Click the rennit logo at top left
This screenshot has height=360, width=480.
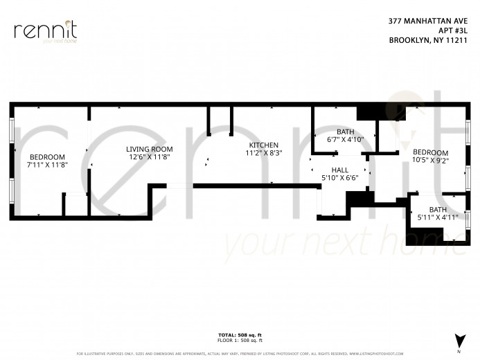pyautogui.click(x=45, y=32)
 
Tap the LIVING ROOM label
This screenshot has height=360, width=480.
pyautogui.click(x=149, y=149)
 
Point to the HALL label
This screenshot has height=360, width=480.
pyautogui.click(x=339, y=170)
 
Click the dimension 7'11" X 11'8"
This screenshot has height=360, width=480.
pyautogui.click(x=47, y=165)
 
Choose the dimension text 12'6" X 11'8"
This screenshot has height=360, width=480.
pyautogui.click(x=149, y=157)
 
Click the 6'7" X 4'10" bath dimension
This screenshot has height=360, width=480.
pyautogui.click(x=345, y=139)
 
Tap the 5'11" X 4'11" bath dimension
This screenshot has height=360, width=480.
pyautogui.click(x=438, y=217)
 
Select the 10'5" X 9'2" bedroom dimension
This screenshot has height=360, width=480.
pyautogui.click(x=430, y=161)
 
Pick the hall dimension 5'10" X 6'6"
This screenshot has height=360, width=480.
pyautogui.click(x=339, y=178)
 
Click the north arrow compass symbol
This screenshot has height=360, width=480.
pyautogui.click(x=458, y=340)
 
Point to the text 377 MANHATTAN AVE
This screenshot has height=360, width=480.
pyautogui.click(x=423, y=21)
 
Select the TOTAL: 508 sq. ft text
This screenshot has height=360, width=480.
pyautogui.click(x=240, y=335)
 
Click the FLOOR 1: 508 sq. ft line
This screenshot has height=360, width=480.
pyautogui.click(x=240, y=340)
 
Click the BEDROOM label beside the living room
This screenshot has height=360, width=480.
pyautogui.click(x=47, y=156)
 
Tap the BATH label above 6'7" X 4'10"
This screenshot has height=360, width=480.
pyautogui.click(x=345, y=132)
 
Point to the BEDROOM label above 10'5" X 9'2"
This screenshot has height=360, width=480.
pyautogui.click(x=430, y=152)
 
